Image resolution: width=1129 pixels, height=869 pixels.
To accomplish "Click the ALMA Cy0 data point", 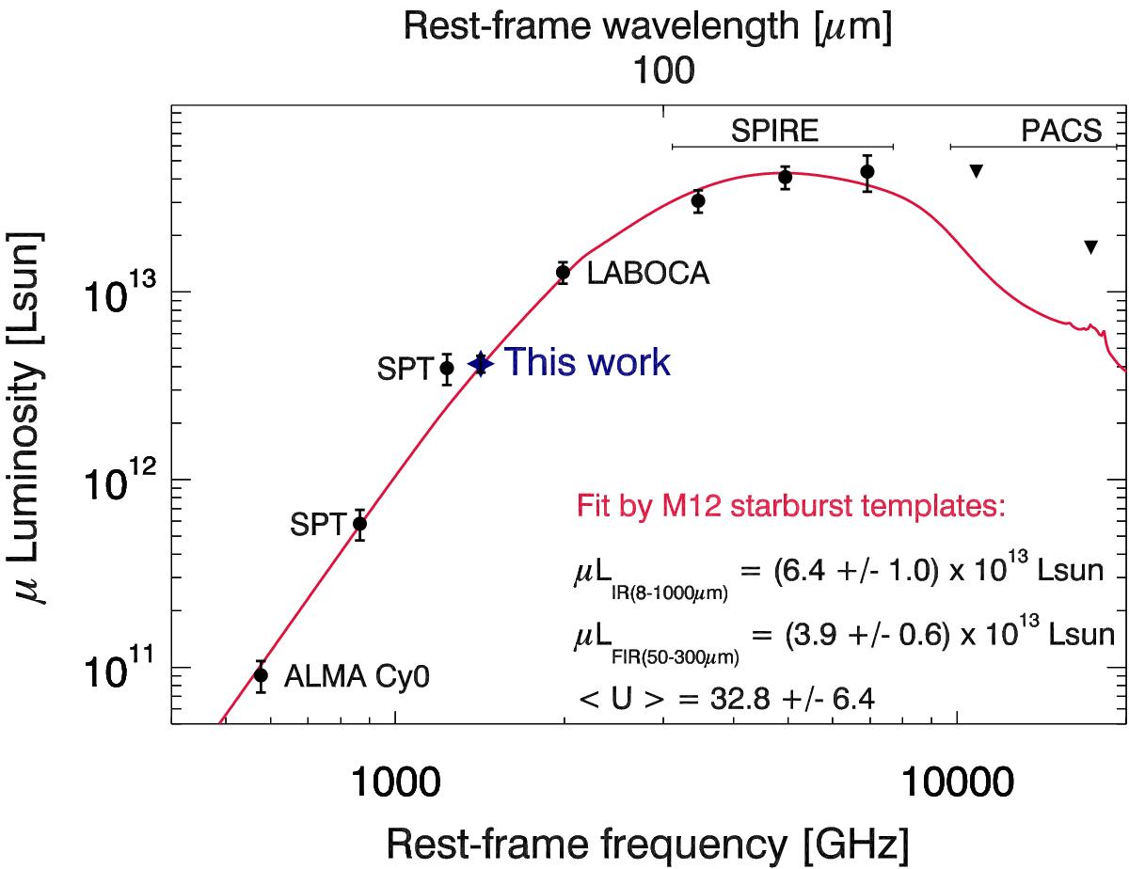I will [x=262, y=674].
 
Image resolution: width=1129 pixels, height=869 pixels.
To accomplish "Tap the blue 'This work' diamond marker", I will [x=481, y=363].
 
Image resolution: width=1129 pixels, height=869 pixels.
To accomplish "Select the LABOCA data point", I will [x=563, y=273].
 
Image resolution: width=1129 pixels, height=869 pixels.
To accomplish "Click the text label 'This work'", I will [x=588, y=362].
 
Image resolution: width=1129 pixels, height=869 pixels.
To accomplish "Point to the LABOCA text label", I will [x=647, y=275].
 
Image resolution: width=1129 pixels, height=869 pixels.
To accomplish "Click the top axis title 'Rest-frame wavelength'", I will [x=647, y=28].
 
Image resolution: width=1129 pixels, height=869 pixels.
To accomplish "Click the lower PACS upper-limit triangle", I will [x=1091, y=247].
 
